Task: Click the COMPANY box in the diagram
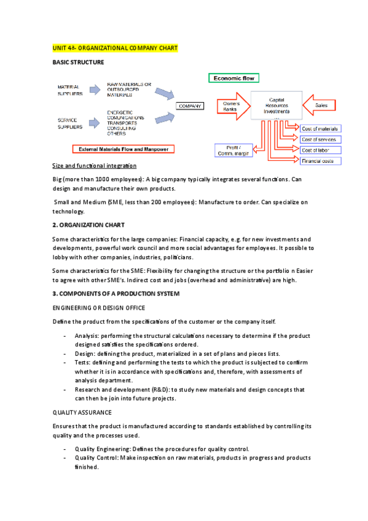tap(190, 106)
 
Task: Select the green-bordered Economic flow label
tap(234, 79)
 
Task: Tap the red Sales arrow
tap(320, 106)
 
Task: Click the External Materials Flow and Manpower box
tap(123, 149)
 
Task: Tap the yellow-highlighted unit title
tap(115, 48)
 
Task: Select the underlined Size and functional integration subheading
tap(95, 166)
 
